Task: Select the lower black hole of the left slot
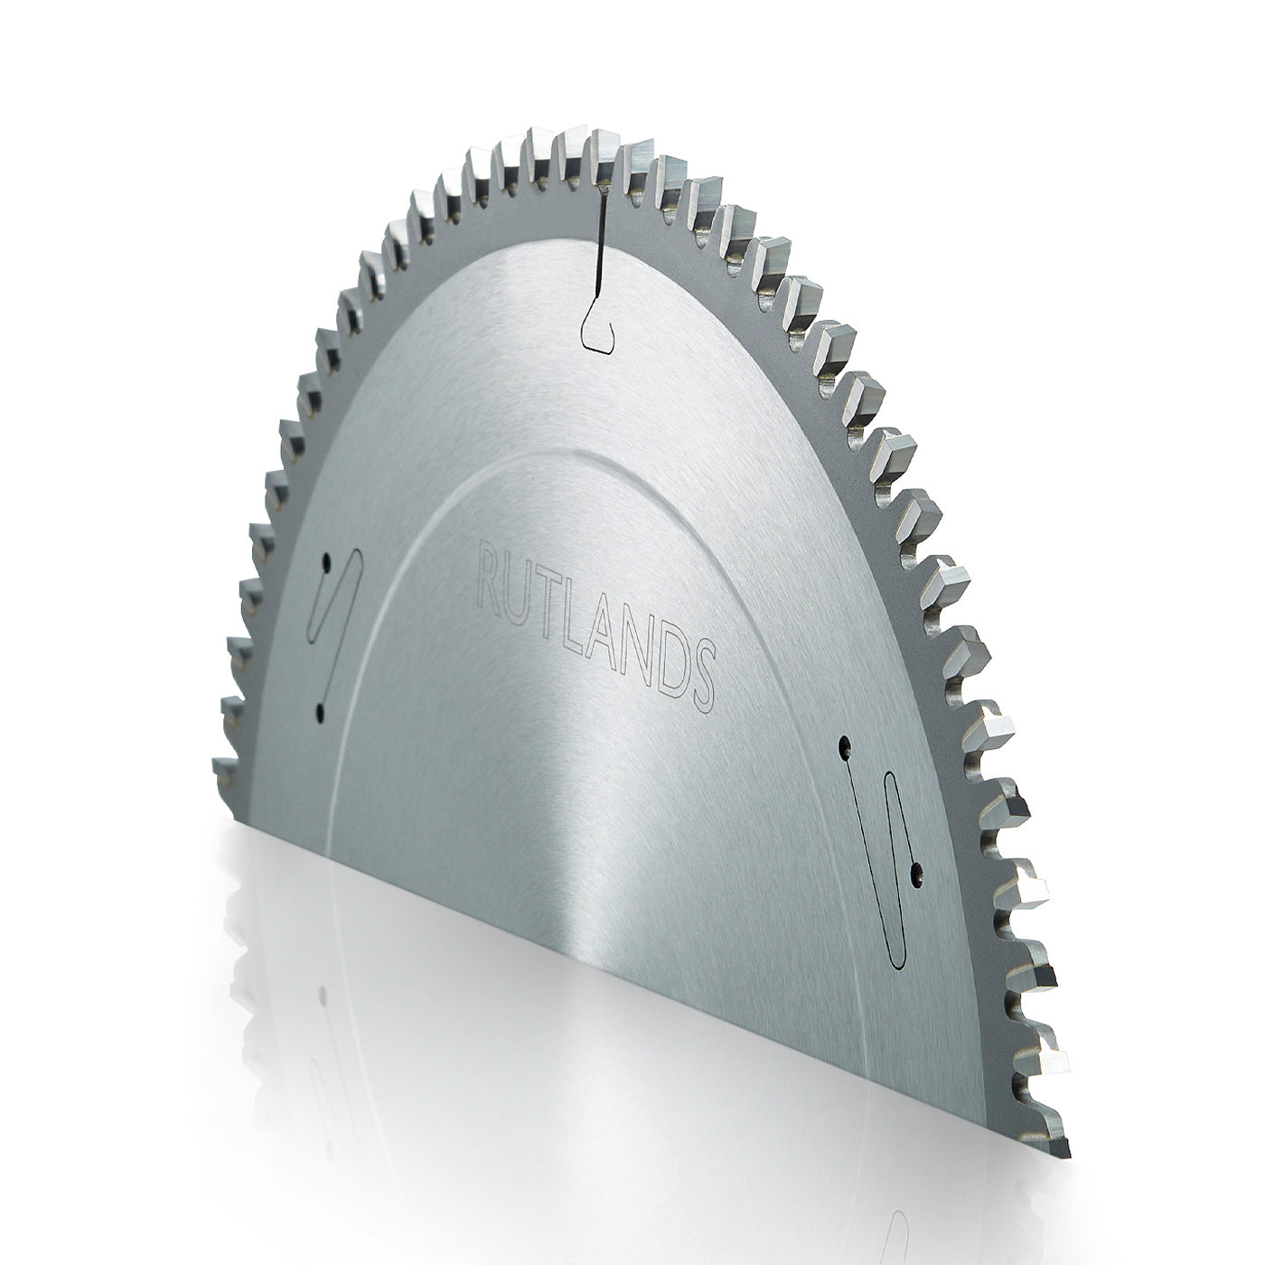[x=320, y=710]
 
